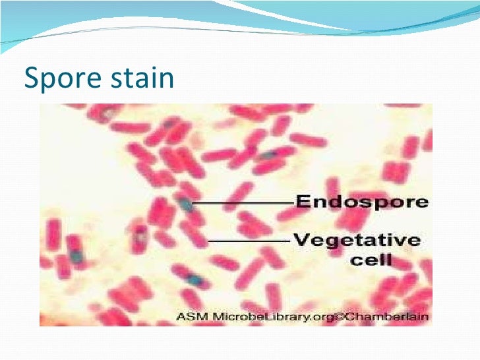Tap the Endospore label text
[x=361, y=202]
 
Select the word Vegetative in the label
[x=356, y=240]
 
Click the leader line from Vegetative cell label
[x=251, y=241]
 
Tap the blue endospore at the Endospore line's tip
[x=187, y=204]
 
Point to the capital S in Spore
[x=30, y=78]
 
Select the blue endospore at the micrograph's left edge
[x=77, y=254]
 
